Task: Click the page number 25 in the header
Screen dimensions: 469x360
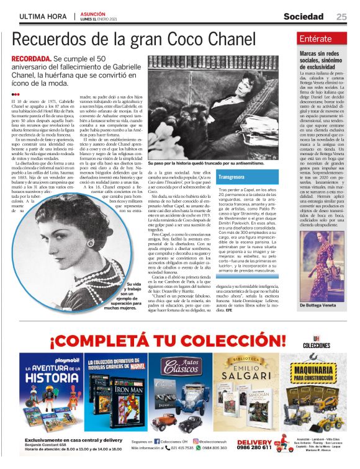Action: tap(341, 17)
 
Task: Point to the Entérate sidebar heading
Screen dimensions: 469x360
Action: tap(315, 39)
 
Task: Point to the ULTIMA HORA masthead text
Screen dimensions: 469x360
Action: tap(42, 17)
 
